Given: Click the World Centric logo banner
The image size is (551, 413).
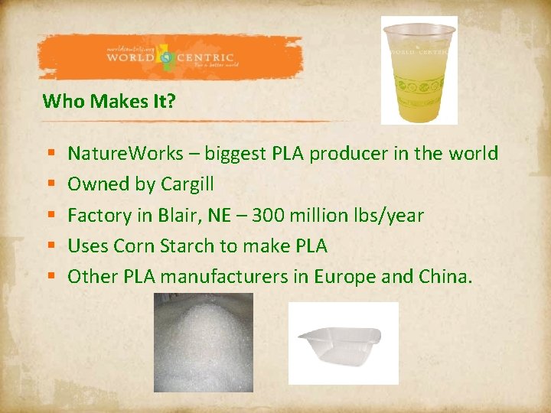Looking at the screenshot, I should click(171, 58).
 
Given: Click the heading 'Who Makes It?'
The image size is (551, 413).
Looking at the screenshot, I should click(109, 101).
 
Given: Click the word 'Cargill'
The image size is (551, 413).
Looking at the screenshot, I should click(187, 184).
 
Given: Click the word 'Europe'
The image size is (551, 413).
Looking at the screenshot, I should click(343, 276).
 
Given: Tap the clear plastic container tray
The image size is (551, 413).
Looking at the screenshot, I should click(343, 343).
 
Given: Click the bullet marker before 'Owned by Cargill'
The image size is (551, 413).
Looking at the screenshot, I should click(49, 184).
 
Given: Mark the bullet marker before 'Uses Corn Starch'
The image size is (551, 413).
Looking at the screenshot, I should click(49, 246).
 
